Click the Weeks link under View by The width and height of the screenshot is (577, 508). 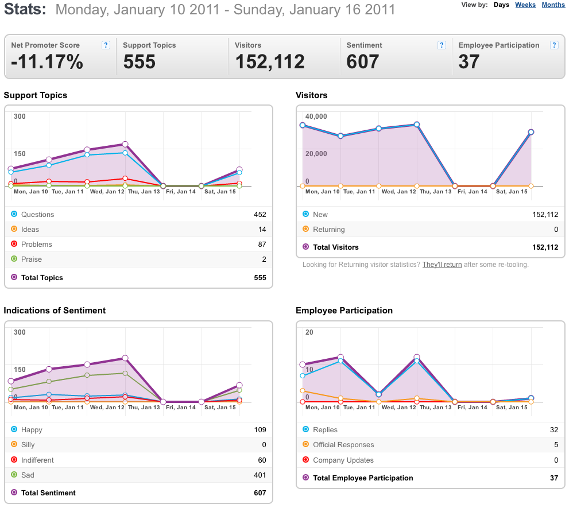pos(525,5)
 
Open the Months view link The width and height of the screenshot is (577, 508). pos(553,5)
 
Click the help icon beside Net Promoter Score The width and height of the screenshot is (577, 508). pos(106,45)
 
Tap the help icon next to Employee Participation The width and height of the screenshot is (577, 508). pos(554,45)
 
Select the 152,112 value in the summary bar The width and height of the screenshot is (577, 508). pos(270,61)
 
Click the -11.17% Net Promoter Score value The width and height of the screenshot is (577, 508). pos(47,61)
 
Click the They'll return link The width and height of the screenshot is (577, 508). pos(442,265)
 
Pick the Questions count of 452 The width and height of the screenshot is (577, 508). pos(260,215)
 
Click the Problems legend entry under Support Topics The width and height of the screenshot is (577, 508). pos(36,245)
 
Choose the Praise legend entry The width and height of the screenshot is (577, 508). pos(31,259)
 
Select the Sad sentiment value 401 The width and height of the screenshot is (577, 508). pos(260,475)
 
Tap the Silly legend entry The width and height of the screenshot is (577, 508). pos(28,445)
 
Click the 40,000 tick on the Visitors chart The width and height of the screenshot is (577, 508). pos(316,117)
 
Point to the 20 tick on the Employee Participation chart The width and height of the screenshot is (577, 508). pos(309,332)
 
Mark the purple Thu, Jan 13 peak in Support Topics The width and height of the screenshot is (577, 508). pos(125,144)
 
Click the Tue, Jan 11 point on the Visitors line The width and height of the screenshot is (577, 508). pos(341,135)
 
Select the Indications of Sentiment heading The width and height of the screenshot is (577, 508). pos(55,311)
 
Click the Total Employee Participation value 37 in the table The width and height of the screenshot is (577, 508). pos(554,478)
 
